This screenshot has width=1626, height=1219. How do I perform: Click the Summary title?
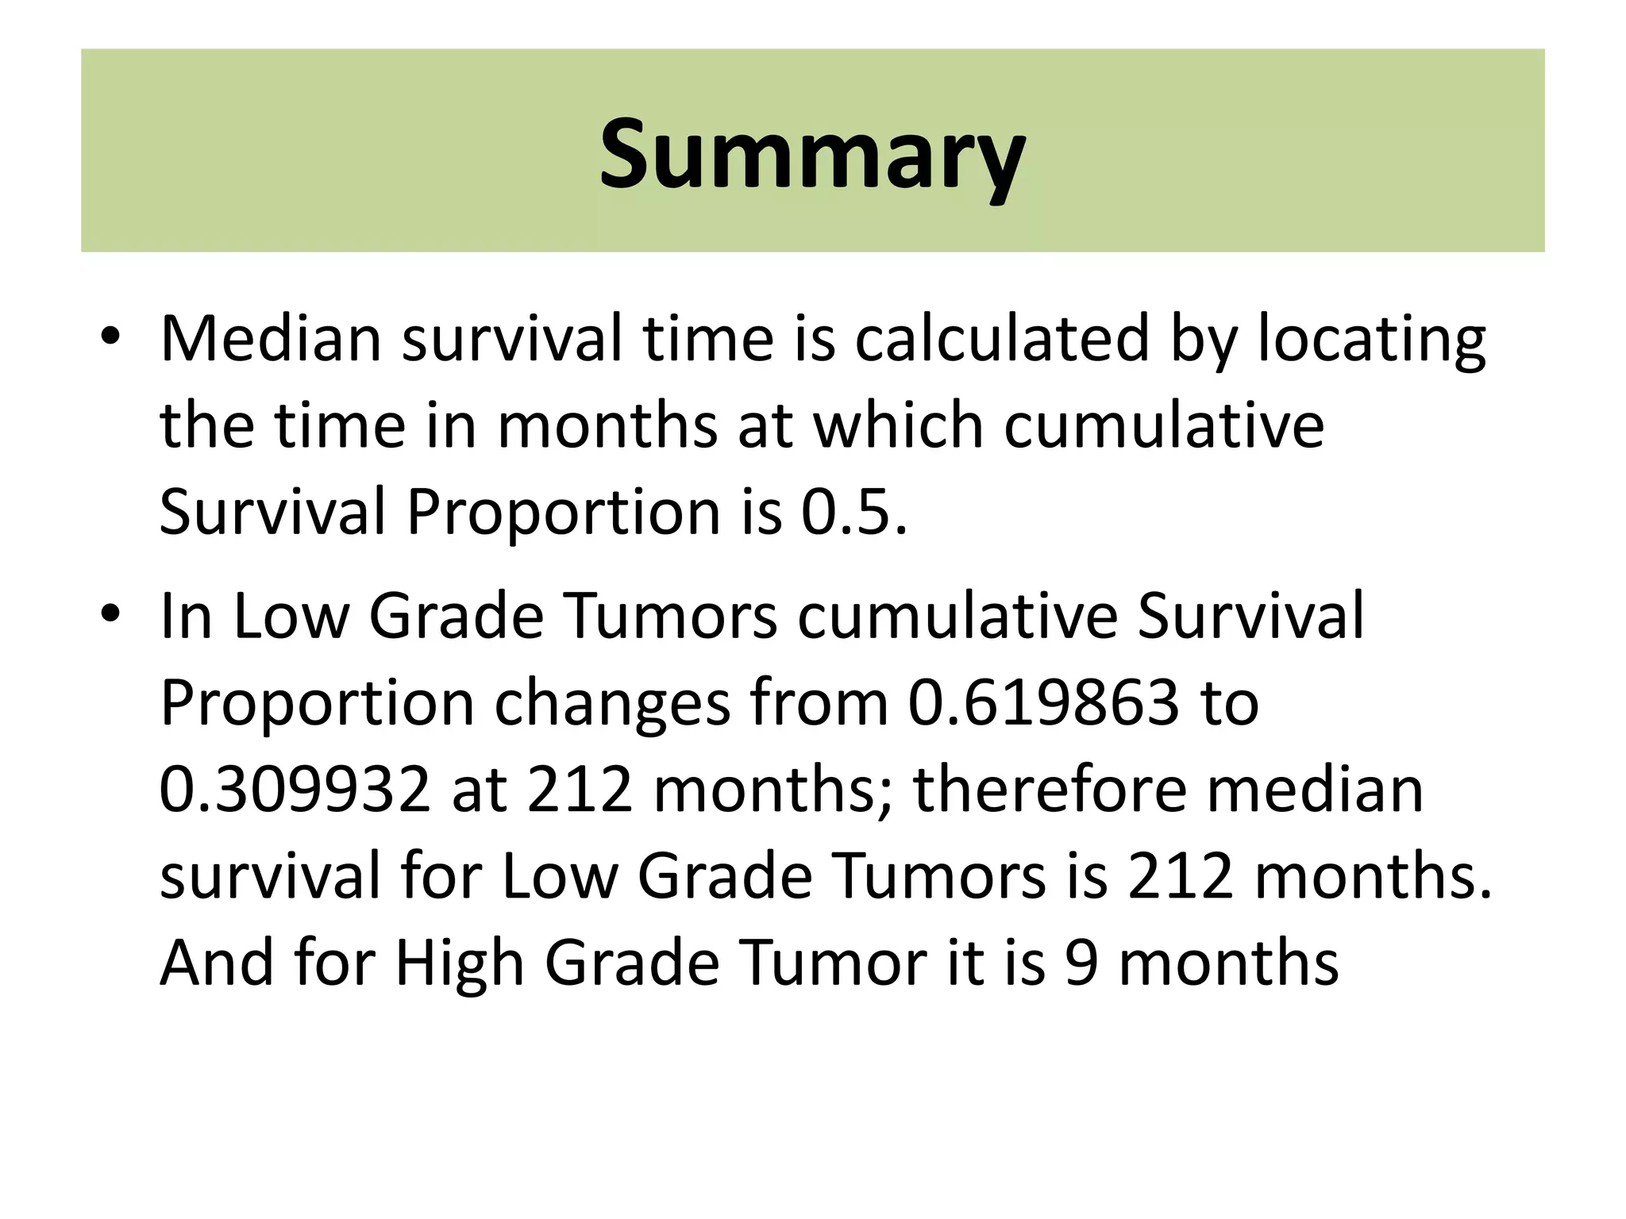811,153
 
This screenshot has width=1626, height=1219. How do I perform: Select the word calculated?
1001,339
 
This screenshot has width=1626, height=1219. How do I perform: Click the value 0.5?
853,512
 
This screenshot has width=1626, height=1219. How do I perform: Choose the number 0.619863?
1043,702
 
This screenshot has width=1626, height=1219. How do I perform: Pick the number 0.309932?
295,790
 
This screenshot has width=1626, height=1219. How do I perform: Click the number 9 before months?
1081,963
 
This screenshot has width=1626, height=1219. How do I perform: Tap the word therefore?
1050,790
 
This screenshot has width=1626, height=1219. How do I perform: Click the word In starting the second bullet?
186,616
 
